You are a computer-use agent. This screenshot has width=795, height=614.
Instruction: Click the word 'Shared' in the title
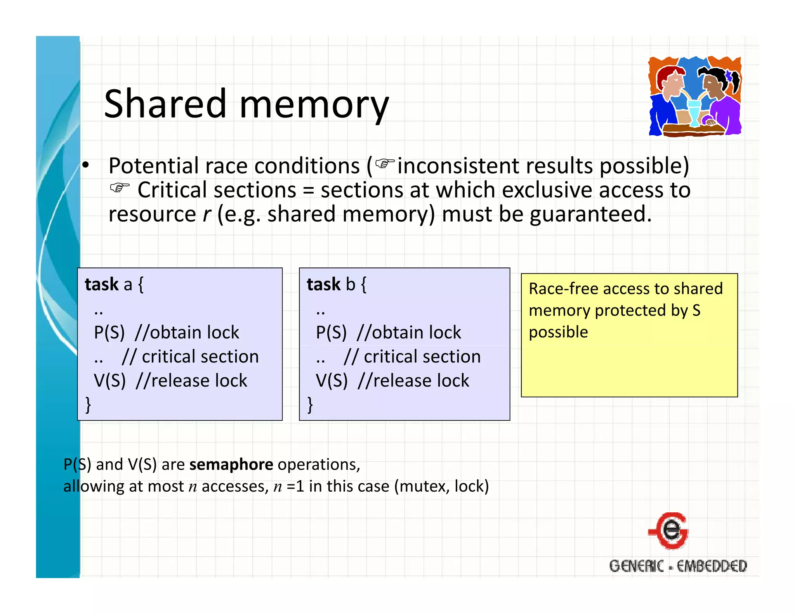(165, 104)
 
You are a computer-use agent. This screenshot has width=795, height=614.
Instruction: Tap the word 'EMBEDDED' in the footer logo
(712, 566)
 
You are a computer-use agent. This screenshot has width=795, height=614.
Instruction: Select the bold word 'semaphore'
(231, 465)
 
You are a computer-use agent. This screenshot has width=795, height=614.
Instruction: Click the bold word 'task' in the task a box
(101, 284)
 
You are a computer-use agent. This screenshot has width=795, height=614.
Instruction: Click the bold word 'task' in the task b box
(323, 284)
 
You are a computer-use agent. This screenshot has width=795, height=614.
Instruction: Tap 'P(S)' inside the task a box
(109, 333)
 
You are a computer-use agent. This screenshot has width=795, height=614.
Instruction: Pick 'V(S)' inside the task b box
(331, 381)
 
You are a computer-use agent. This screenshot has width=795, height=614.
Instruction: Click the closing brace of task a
(88, 404)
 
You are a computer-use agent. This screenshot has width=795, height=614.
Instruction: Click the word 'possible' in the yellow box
(558, 332)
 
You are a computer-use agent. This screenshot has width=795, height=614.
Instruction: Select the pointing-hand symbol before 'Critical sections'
(119, 188)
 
